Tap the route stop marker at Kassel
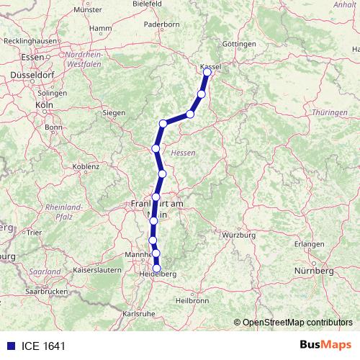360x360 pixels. tap(208, 72)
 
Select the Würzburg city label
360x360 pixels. tap(240, 235)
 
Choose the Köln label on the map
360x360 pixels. tap(44, 104)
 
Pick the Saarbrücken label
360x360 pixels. tap(42, 294)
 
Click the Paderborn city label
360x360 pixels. tap(161, 24)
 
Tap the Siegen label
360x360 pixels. tap(114, 113)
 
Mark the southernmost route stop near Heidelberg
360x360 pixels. tap(157, 269)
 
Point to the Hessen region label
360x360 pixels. tap(184, 152)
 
